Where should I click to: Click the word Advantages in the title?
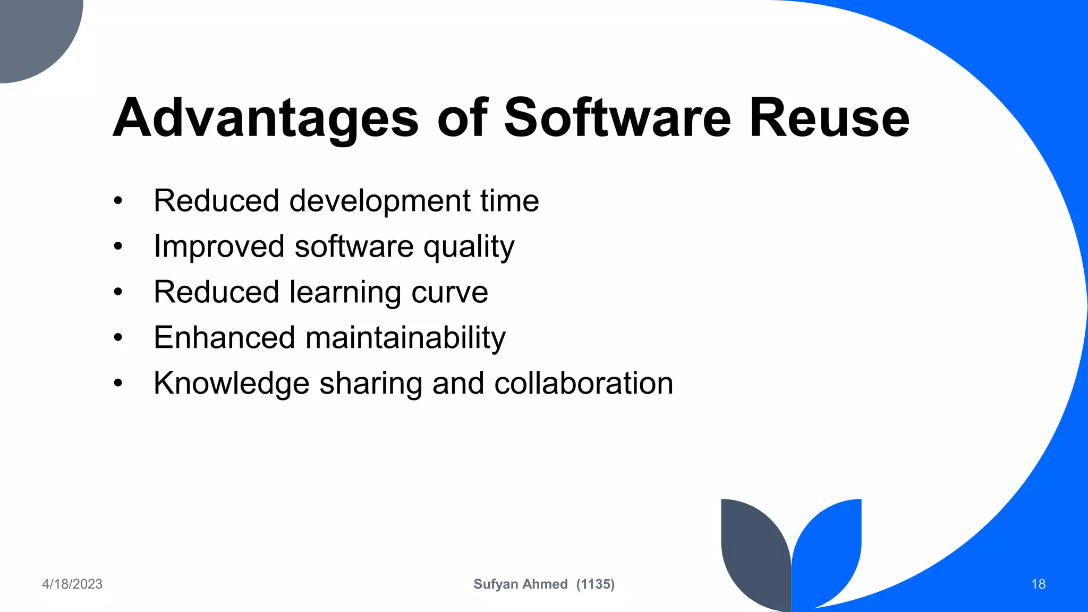pos(266,118)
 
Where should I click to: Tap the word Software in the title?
pos(617,118)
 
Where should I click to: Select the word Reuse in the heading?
pos(829,118)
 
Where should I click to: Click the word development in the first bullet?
pos(379,201)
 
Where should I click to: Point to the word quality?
pos(469,247)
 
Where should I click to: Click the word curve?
pos(449,292)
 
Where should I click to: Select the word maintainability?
pos(405,338)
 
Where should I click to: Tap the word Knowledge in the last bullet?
pos(231,384)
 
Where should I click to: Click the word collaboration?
pos(583,384)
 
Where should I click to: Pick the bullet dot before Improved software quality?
pos(118,246)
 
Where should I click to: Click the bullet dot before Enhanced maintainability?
pos(118,338)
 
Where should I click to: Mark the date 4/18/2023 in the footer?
pos(72,584)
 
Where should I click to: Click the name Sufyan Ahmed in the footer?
pos(520,584)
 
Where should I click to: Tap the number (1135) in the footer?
pos(596,584)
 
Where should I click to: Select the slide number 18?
pos(1038,584)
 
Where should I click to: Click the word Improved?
pos(219,246)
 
